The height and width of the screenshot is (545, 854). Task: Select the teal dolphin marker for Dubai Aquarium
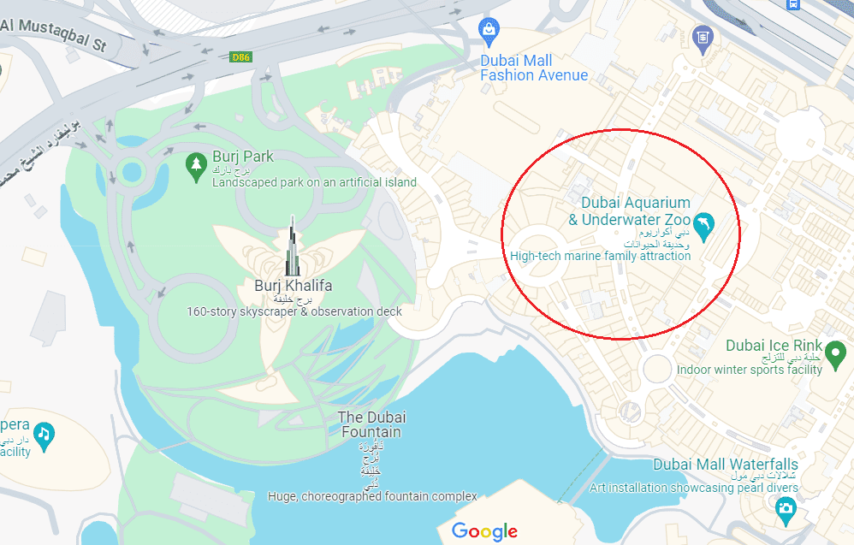click(703, 223)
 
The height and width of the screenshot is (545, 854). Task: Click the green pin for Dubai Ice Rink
click(836, 350)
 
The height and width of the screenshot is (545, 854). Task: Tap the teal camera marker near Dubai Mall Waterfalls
click(786, 510)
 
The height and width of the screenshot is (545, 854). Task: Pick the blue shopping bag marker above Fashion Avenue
click(489, 33)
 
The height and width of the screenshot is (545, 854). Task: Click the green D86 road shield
click(242, 57)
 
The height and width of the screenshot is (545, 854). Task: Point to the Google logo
click(484, 530)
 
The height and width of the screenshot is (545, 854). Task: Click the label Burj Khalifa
click(293, 286)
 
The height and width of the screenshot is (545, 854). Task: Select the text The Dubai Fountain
click(371, 424)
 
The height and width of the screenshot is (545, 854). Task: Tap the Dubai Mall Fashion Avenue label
click(533, 68)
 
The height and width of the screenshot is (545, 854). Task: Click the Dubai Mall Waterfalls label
click(726, 465)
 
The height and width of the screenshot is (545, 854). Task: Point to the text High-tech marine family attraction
click(600, 256)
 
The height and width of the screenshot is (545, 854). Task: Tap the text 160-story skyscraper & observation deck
click(294, 311)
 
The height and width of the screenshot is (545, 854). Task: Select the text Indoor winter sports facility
click(749, 370)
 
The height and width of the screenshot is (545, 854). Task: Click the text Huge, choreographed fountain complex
click(372, 496)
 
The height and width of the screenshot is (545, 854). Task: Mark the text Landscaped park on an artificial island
click(314, 182)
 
